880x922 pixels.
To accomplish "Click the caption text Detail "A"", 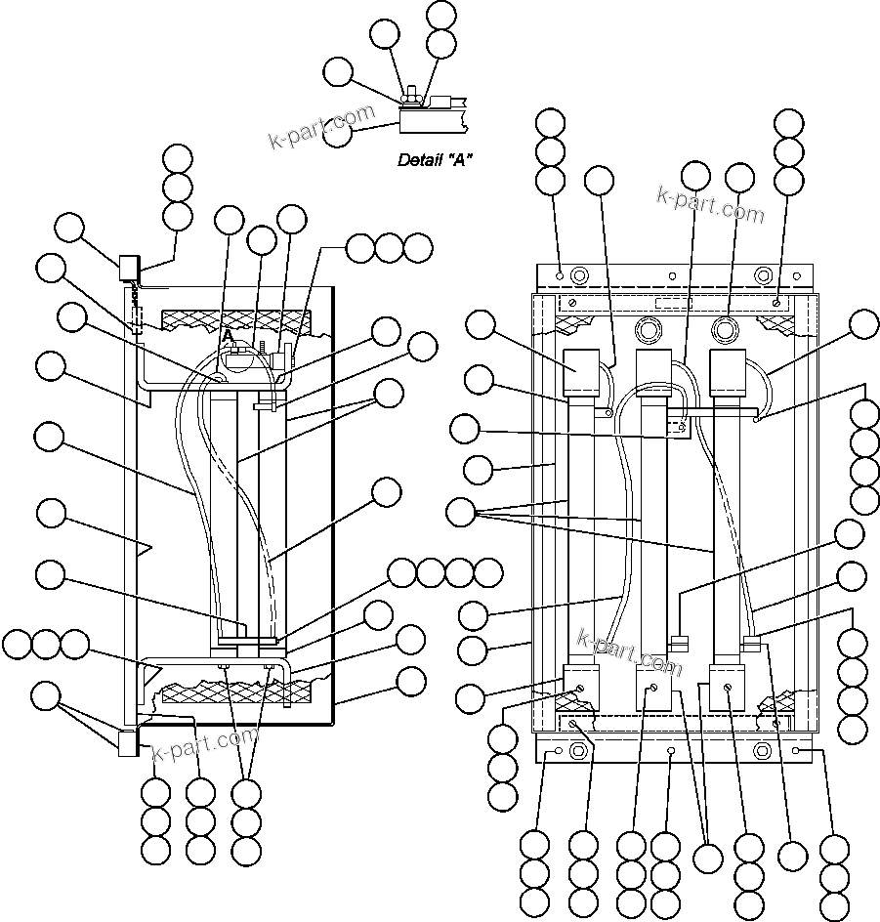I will coord(436,159).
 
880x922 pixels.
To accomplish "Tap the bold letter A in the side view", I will coord(229,336).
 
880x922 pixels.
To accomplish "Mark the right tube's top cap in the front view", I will coord(727,371).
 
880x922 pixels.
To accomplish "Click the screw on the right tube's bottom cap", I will coord(729,688).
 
